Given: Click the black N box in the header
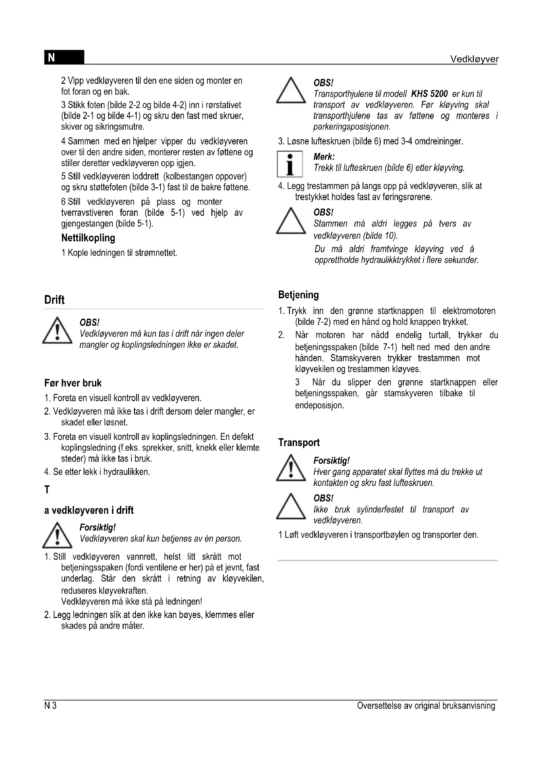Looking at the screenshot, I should point(64,57).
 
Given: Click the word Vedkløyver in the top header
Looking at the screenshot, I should point(474,59).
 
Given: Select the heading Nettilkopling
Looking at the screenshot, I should point(88,238).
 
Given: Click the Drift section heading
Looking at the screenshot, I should point(54,300).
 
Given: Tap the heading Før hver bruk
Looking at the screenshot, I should point(73,383).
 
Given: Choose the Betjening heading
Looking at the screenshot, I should point(299,295).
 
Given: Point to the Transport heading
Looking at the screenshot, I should point(299,442).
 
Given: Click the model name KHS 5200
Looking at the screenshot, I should point(429,94).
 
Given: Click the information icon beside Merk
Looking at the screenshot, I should point(290,164).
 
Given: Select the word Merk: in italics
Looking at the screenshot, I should point(324,157).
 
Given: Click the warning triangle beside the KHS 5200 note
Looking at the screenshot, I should point(291,91).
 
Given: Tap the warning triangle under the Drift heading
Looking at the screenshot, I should point(57,331).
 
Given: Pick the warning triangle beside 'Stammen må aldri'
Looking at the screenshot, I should point(291,221).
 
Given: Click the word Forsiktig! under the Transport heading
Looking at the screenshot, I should point(331,461).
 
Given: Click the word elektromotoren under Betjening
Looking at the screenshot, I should point(469,311).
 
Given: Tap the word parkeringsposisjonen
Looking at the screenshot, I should point(351,127).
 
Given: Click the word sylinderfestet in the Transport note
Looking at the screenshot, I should point(380,510).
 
